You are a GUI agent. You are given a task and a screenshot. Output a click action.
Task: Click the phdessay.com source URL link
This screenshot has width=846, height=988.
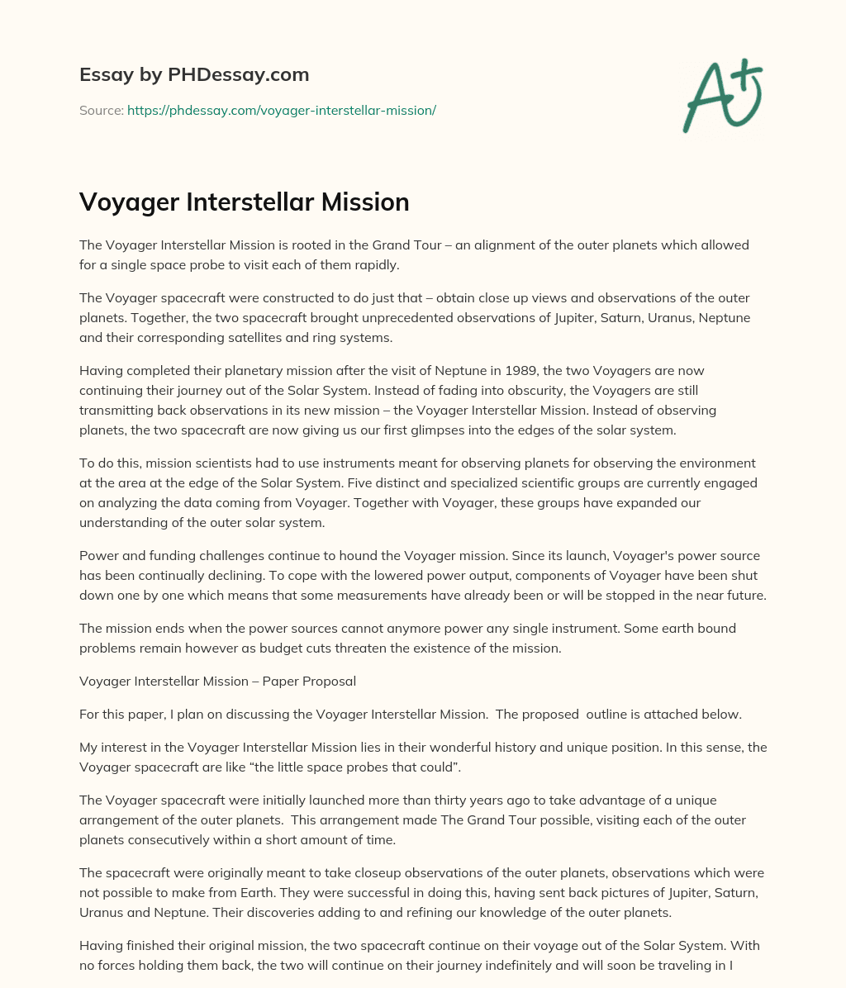pyautogui.click(x=281, y=110)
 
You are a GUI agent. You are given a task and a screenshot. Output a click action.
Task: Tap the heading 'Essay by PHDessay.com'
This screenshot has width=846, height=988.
pyautogui.click(x=194, y=74)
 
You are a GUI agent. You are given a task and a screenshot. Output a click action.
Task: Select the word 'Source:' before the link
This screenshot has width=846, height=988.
pyautogui.click(x=102, y=110)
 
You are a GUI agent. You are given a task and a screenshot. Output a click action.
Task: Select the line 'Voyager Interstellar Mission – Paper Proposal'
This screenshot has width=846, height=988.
pyautogui.click(x=217, y=682)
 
